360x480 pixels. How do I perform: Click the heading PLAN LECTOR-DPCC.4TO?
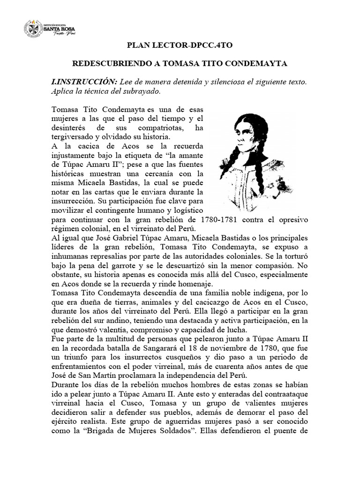click(180, 45)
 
